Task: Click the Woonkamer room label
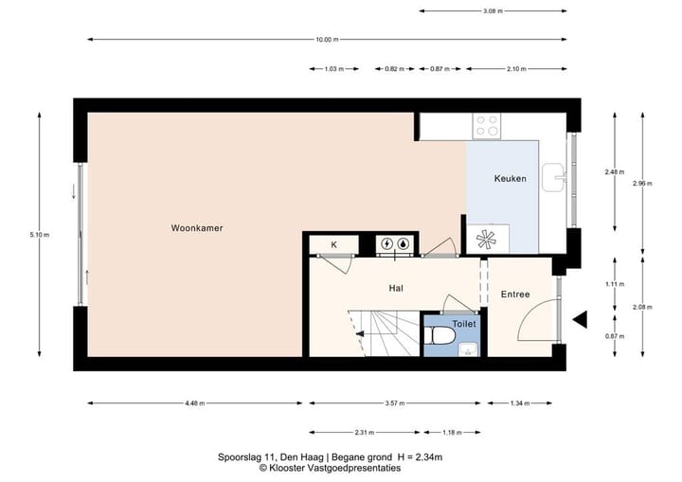pos(197,228)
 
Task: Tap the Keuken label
pos(511,178)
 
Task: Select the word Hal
pos(396,288)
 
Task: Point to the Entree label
pos(515,295)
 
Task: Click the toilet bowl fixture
pos(440,335)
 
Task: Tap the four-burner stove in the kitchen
pos(487,126)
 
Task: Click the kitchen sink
pos(554,177)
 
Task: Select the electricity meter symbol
pos(386,243)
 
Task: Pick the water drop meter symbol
pos(404,243)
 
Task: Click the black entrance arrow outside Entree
pos(580,319)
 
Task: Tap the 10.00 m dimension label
pos(327,40)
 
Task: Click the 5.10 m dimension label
pos(40,235)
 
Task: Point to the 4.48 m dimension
pos(195,403)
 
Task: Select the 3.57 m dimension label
pos(395,403)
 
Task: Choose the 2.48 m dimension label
pos(614,171)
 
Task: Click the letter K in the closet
pos(333,245)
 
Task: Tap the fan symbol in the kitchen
pos(486,240)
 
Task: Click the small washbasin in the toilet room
pos(469,349)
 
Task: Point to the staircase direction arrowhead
pos(359,333)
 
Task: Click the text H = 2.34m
pos(420,457)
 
